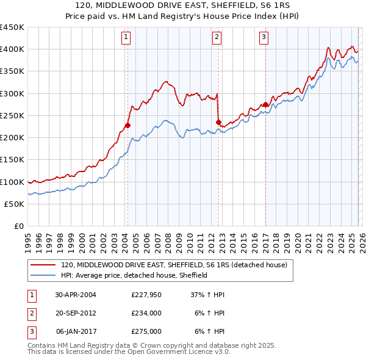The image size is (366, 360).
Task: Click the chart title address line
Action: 183,6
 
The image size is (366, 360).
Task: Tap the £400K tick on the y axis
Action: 12,49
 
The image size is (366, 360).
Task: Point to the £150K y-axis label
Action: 12,160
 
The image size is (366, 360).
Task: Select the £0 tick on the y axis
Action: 18,226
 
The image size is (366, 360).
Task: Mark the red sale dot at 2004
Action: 127,126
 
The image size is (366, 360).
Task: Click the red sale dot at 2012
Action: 218,123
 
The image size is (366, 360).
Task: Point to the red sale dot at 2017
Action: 265,104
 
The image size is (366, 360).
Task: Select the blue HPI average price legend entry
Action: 134,275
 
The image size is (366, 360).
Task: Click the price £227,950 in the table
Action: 146,294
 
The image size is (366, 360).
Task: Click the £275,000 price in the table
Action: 146,331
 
